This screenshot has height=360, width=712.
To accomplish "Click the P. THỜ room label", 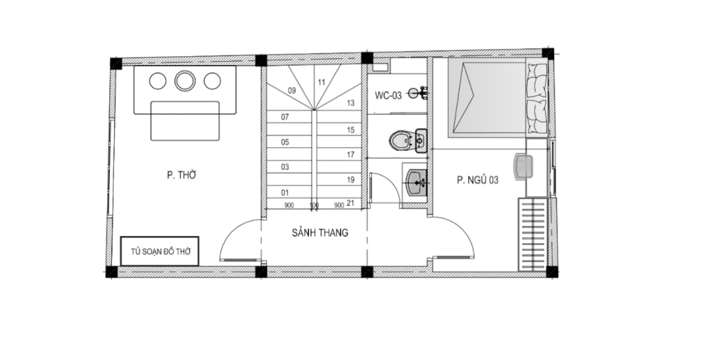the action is point(181,174).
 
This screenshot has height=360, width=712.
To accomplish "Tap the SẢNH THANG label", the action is point(320,232).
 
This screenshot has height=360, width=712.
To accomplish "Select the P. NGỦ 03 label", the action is point(477,180).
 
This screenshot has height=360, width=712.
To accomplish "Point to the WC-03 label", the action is point(388,95).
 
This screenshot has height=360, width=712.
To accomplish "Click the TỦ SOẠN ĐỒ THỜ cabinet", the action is point(160,251).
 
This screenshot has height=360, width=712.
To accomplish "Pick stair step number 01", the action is point(284,193).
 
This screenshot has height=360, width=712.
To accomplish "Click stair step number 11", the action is point(321,82).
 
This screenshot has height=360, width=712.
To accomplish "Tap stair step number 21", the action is point(350,204).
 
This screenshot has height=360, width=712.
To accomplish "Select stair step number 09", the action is point(291,90).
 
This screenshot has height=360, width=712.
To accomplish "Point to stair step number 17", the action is point(350,155).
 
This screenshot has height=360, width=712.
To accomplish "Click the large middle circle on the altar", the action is point(185,81).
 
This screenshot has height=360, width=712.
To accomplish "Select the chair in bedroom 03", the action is point(523,167).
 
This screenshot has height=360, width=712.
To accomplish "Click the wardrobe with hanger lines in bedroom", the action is point(533,234).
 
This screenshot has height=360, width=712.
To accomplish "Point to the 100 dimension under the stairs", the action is point(314,206).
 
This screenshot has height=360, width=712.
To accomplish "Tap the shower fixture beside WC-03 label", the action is point(417,93).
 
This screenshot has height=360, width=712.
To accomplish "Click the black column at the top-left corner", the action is point(116,63).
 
